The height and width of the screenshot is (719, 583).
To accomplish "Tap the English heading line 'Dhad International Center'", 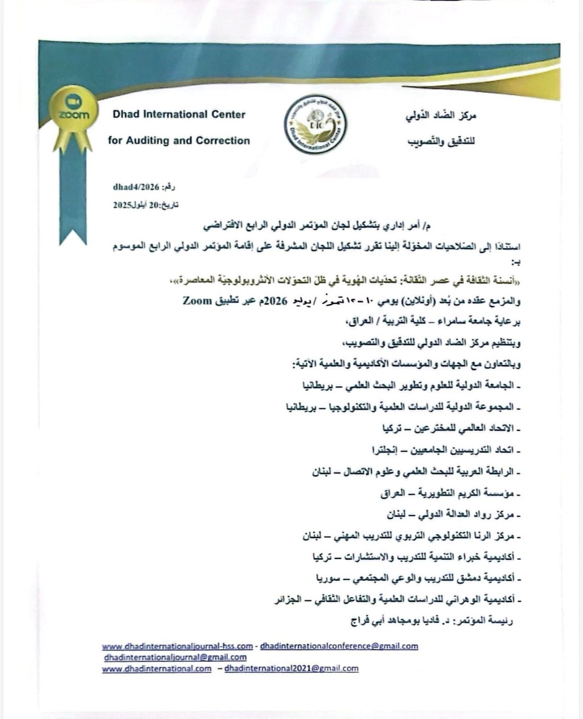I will [179, 115].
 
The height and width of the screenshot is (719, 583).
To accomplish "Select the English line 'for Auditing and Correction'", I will [179, 141].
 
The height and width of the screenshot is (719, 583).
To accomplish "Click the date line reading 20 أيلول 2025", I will [145, 205].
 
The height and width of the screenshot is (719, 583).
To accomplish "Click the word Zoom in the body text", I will [197, 300].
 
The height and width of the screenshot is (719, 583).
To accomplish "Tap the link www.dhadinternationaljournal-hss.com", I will [177, 646].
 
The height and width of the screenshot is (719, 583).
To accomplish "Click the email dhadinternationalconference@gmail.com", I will [339, 646].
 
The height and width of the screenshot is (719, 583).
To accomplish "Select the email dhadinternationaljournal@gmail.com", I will [175, 657].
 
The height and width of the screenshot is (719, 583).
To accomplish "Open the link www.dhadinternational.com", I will [157, 669].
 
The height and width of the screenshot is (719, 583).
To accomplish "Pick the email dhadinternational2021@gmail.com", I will [291, 669].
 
